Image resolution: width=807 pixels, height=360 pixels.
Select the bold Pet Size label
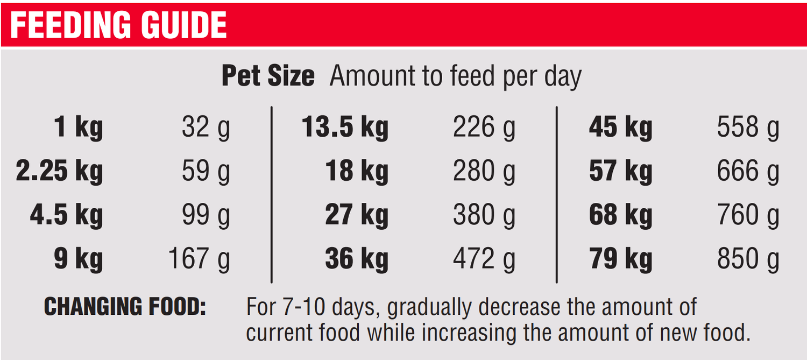(x=268, y=76)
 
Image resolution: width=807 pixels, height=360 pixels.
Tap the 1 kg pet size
(x=78, y=128)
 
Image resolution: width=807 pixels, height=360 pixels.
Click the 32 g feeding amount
(x=206, y=128)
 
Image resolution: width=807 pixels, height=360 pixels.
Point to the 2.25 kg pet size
(x=59, y=172)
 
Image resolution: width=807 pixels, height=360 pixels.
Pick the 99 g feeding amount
(x=206, y=215)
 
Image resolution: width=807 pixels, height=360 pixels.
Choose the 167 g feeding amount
(x=199, y=259)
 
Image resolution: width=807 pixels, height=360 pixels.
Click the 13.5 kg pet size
(x=345, y=128)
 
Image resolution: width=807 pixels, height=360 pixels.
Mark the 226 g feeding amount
(x=484, y=128)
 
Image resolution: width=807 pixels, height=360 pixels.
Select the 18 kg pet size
(x=356, y=172)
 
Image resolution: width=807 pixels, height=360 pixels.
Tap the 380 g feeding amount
(x=484, y=215)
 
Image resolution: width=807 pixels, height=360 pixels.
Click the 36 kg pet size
(x=356, y=259)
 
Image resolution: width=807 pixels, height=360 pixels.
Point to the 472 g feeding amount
(x=484, y=259)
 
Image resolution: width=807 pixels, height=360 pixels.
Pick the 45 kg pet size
(x=620, y=128)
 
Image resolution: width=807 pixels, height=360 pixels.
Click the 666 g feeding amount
(x=748, y=172)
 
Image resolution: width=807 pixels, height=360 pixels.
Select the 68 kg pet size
(x=620, y=215)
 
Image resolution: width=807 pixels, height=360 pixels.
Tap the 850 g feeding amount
(x=748, y=259)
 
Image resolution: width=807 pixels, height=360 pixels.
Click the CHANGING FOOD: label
(x=125, y=307)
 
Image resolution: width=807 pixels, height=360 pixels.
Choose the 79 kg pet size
(x=620, y=259)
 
